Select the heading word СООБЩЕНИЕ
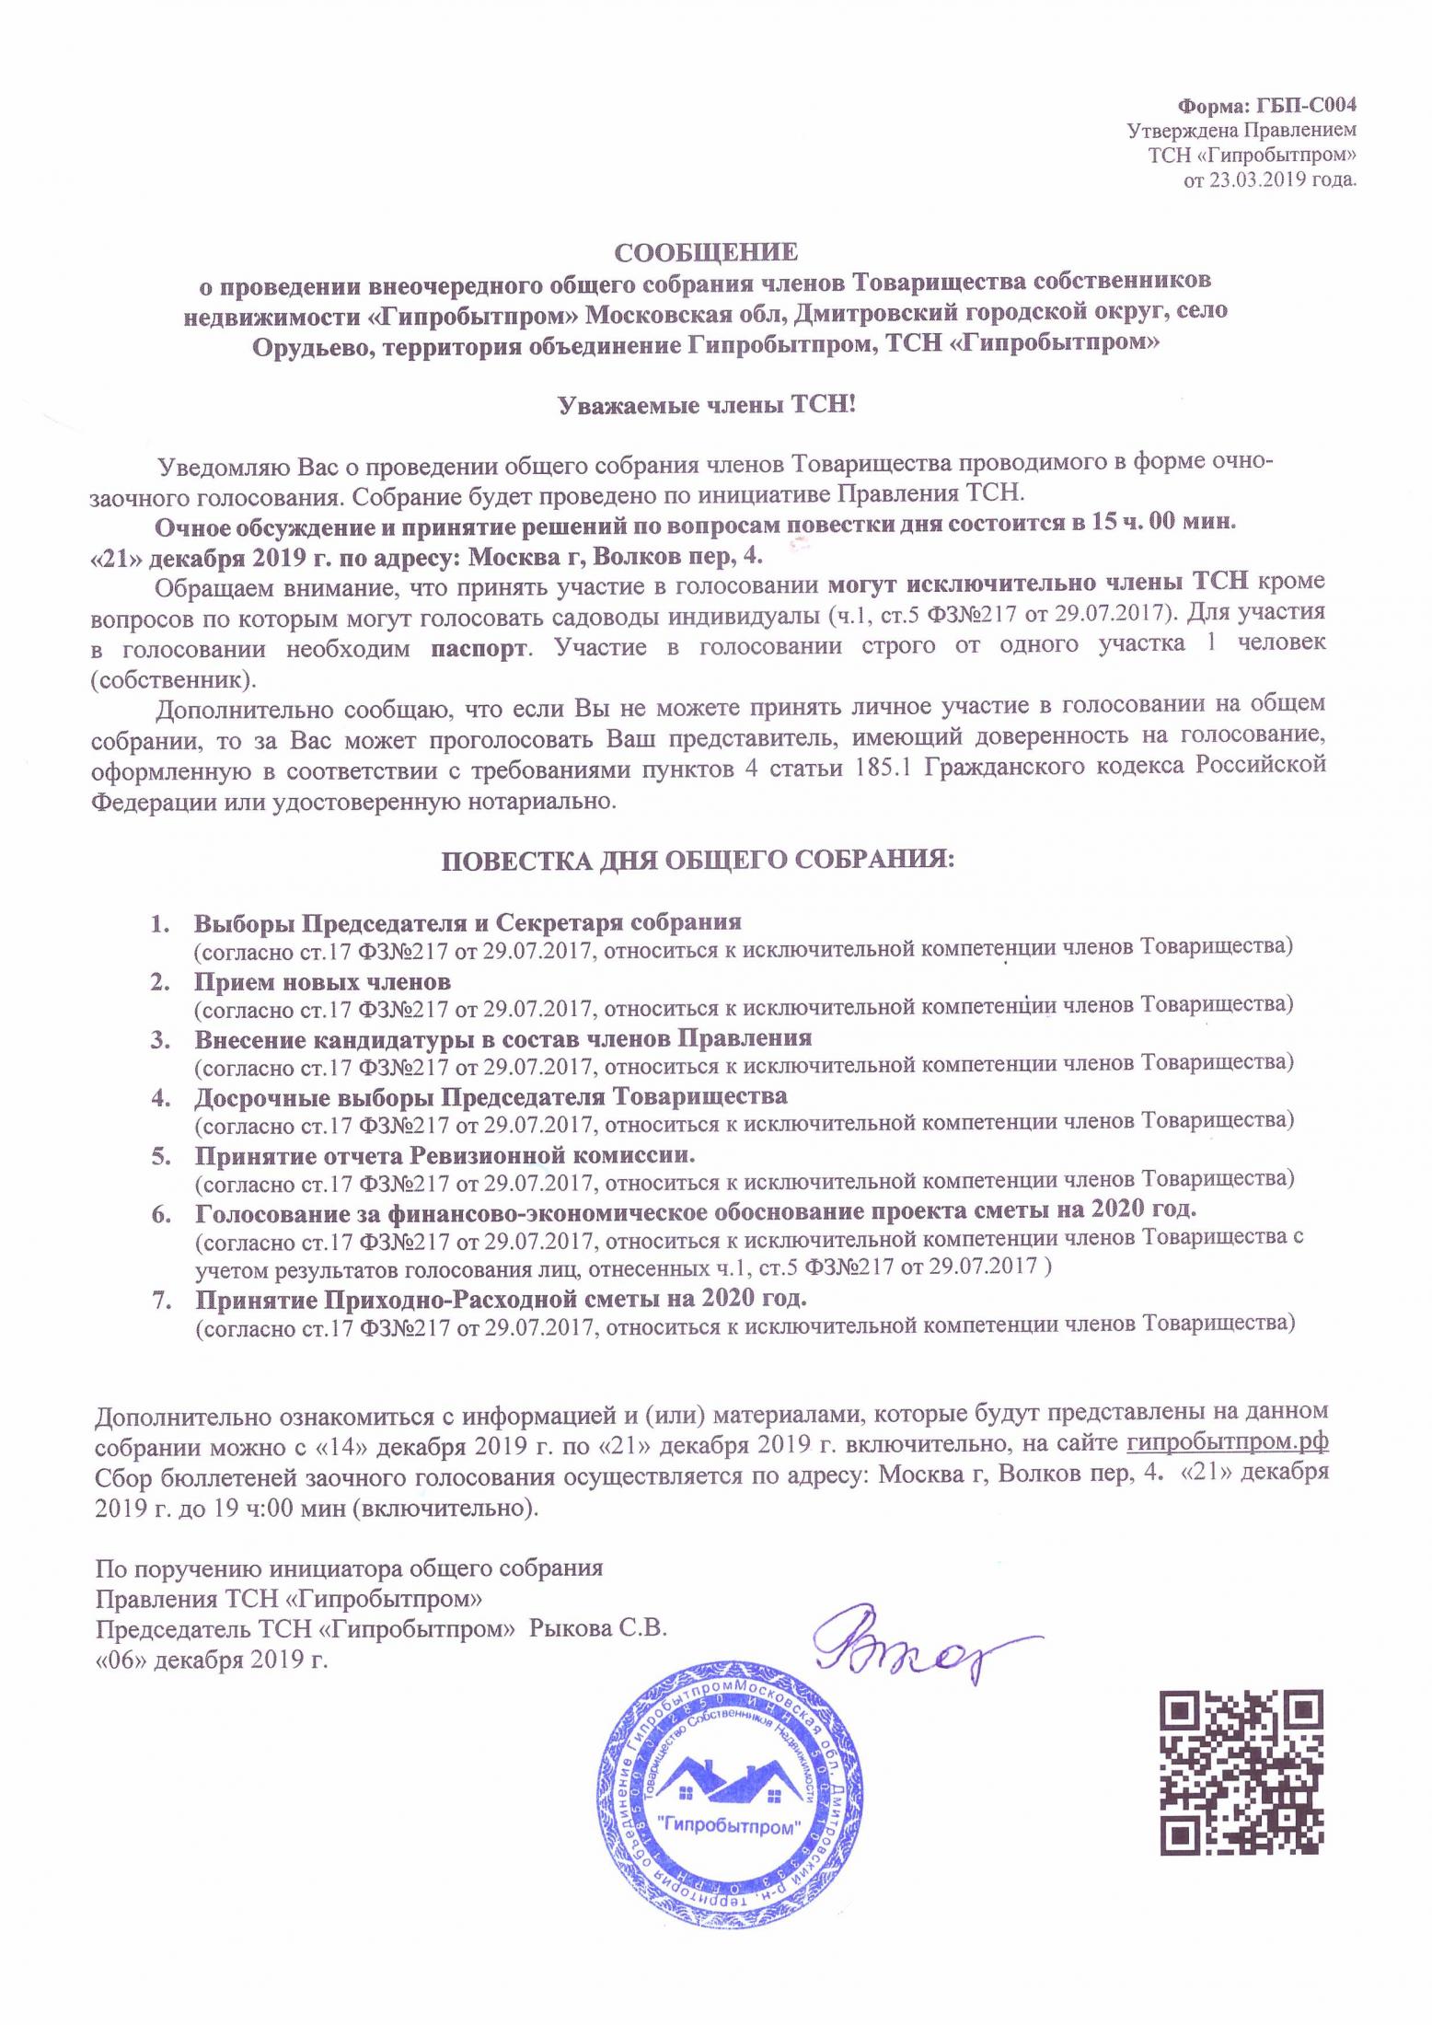pyautogui.click(x=706, y=252)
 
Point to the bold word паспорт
pyautogui.click(x=479, y=646)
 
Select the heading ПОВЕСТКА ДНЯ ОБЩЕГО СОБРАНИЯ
pyautogui.click(x=699, y=861)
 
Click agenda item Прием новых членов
pyautogui.click(x=322, y=981)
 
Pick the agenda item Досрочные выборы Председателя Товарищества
pyautogui.click(x=491, y=1096)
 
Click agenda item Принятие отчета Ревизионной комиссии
pyautogui.click(x=445, y=1155)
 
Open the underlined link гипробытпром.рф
pyautogui.click(x=1227, y=1441)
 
